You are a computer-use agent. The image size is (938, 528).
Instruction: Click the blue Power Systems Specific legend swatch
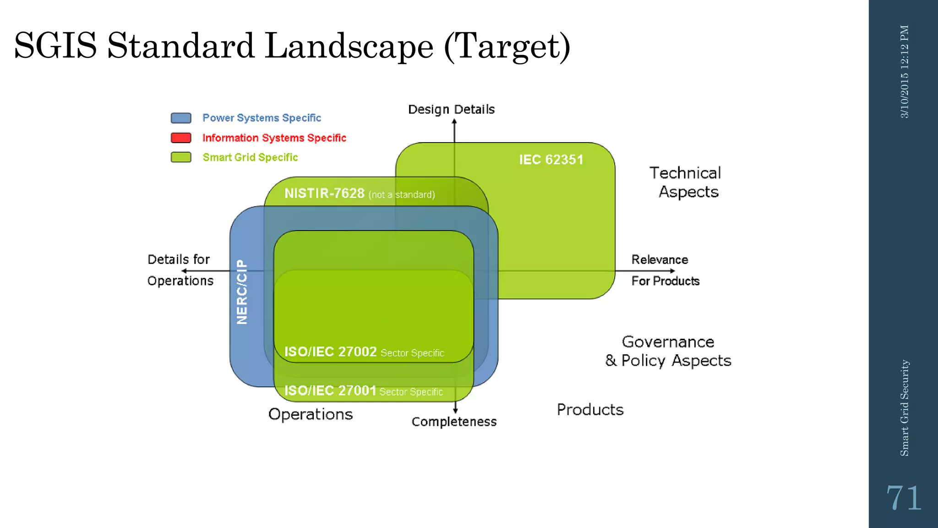(x=181, y=118)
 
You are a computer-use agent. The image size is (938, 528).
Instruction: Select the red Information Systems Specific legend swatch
(x=181, y=137)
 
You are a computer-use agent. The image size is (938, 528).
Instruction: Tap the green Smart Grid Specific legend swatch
(x=181, y=157)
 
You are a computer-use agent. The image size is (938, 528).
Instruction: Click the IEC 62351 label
(x=551, y=159)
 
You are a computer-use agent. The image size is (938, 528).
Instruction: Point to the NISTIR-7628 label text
(x=324, y=193)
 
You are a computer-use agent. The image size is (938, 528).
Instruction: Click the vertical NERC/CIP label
(x=242, y=292)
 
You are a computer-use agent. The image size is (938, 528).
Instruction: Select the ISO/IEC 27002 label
(x=330, y=352)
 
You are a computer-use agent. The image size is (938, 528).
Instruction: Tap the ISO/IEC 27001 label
(x=330, y=390)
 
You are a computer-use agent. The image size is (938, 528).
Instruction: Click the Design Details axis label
(x=451, y=109)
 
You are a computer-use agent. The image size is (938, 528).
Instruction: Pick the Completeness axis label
(x=454, y=422)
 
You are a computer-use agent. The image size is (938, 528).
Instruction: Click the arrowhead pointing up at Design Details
(x=454, y=121)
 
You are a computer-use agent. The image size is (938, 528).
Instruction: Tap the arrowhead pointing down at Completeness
(x=455, y=411)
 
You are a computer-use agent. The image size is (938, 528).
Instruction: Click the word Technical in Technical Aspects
(x=685, y=173)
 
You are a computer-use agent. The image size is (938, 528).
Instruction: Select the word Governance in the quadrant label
(x=668, y=342)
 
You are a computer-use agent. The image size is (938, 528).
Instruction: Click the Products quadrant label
(x=590, y=409)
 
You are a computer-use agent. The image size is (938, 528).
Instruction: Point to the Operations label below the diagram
(x=311, y=414)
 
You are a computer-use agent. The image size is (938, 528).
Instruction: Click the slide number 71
(x=903, y=498)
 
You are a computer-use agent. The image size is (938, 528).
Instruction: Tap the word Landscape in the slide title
(x=349, y=46)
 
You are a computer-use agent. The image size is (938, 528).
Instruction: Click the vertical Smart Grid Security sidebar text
(x=904, y=408)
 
